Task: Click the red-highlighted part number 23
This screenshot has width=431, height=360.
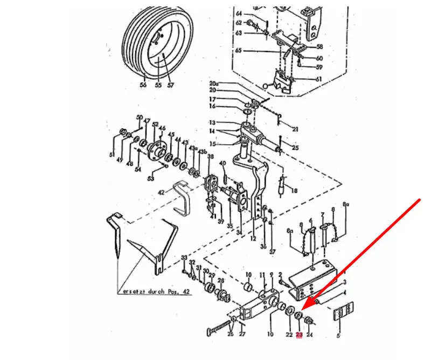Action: (299, 335)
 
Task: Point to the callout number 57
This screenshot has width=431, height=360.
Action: (171, 85)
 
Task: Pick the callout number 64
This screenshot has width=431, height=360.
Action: (239, 12)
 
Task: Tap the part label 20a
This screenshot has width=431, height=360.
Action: (213, 84)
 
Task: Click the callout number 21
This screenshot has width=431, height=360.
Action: (295, 129)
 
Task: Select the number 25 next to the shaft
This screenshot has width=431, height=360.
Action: (295, 148)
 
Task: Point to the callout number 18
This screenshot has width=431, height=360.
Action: (294, 191)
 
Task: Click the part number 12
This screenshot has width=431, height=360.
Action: (253, 238)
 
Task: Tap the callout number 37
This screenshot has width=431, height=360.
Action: (272, 252)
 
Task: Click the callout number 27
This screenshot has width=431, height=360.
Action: (242, 335)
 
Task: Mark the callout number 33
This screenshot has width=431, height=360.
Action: (184, 258)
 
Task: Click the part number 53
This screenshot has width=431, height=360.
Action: (151, 178)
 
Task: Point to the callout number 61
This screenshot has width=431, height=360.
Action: (318, 79)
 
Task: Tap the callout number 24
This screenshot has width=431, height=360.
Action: (309, 335)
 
